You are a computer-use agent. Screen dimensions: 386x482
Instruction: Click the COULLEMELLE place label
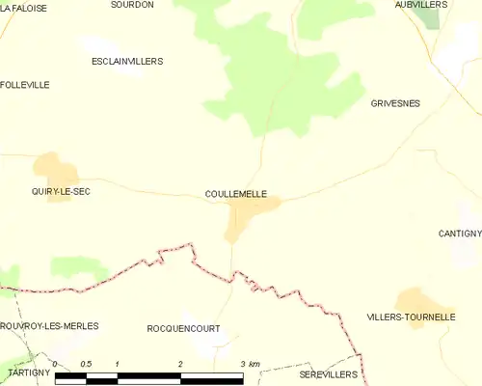(236, 194)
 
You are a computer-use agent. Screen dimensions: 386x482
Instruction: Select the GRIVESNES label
(395, 102)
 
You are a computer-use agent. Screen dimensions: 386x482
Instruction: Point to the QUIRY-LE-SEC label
(61, 192)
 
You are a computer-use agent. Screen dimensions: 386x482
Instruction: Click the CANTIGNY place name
(459, 234)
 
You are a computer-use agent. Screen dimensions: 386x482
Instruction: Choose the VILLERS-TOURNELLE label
(411, 317)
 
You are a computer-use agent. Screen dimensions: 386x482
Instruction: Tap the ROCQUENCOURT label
(183, 328)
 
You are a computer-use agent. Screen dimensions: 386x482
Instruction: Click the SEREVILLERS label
(328, 373)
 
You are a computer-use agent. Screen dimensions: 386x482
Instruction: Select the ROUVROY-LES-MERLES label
(49, 326)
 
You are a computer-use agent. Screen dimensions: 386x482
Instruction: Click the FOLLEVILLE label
(25, 85)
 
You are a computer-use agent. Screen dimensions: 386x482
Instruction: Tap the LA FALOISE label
(24, 7)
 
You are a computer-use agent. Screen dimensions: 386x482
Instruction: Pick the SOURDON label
(132, 5)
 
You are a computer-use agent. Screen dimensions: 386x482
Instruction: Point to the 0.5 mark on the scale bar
(87, 364)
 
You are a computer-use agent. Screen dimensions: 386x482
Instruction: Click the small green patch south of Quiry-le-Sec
(78, 266)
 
